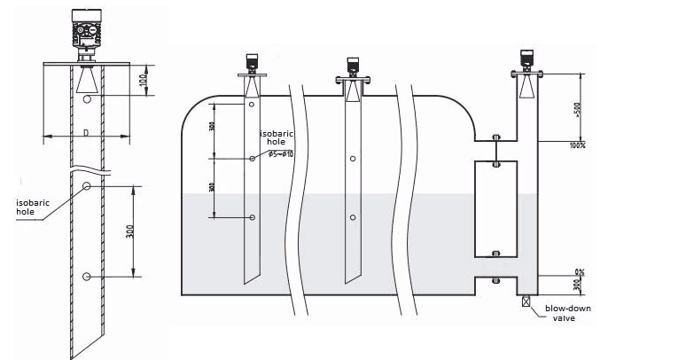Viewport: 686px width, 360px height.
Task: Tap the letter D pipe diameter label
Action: point(86,133)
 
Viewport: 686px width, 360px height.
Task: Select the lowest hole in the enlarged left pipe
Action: point(86,277)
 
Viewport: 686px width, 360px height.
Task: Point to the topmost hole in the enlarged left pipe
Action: point(86,102)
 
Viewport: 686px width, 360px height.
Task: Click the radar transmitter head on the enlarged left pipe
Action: point(86,32)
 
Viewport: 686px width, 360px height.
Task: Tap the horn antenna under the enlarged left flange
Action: point(86,81)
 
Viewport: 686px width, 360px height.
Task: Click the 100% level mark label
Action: point(579,145)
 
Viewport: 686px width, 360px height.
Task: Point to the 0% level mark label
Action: point(581,272)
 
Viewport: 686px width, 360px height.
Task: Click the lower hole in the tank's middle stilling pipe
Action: point(353,217)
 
